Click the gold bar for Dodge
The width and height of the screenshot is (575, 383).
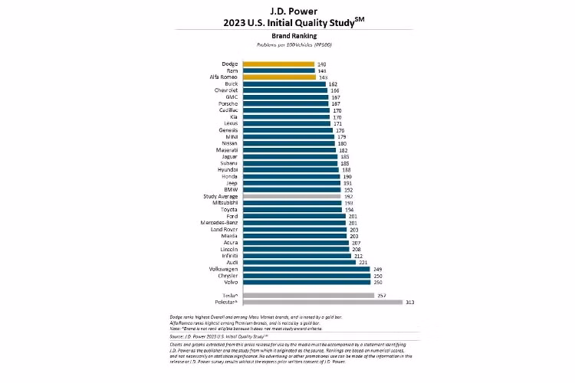(x=278, y=64)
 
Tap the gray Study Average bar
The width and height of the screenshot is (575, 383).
(x=291, y=196)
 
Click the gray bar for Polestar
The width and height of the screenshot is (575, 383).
(x=322, y=302)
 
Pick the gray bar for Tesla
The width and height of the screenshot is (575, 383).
(x=307, y=295)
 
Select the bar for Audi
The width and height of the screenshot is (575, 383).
(x=298, y=263)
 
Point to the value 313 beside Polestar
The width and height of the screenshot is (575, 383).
(x=411, y=302)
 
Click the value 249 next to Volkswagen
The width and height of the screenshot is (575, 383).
(x=376, y=269)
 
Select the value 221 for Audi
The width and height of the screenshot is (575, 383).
(x=363, y=263)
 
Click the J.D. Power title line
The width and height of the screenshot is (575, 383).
(x=287, y=10)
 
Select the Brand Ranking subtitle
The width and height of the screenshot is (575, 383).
(x=287, y=36)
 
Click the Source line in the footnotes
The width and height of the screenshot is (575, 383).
(x=219, y=336)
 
